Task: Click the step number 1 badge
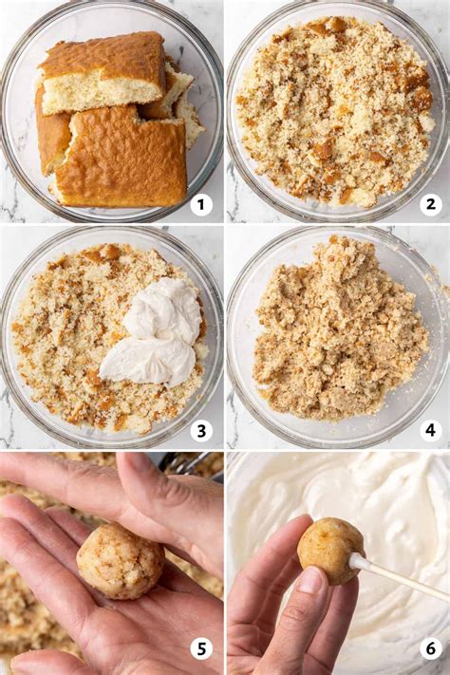[200, 204]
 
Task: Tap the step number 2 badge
[430, 204]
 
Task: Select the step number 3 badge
[200, 430]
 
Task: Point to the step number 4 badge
[430, 430]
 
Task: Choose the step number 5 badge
[200, 648]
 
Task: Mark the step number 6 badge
[430, 648]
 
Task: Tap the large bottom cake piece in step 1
[119, 157]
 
